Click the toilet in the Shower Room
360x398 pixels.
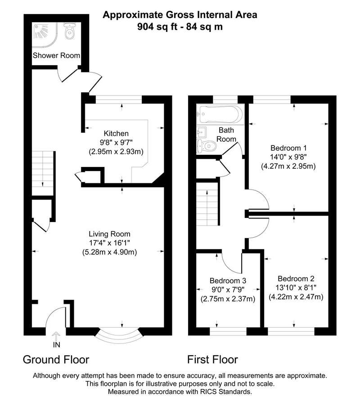point(69,31)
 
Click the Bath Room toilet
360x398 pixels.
point(207,146)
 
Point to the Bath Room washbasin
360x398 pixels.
point(202,132)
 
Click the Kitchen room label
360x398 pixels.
point(116,133)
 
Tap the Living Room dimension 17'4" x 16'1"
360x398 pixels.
point(109,243)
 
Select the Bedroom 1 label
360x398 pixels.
point(288,148)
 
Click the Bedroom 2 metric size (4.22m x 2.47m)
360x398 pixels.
point(296,297)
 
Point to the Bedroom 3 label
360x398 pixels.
point(228,280)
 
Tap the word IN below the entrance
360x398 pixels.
point(57,345)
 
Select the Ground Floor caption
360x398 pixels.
point(56,359)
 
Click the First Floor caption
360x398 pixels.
point(212,359)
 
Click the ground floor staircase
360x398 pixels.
point(43,173)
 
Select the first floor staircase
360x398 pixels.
point(208,204)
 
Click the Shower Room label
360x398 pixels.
point(56,55)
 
